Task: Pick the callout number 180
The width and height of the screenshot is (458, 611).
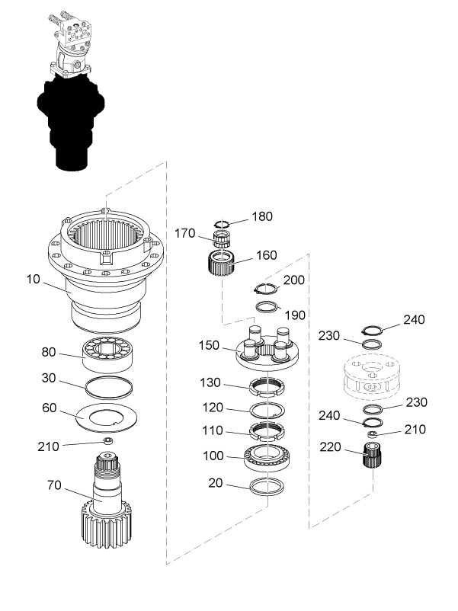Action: [262, 217]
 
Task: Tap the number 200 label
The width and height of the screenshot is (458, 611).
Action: [294, 280]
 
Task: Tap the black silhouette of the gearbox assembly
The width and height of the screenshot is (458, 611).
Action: [69, 122]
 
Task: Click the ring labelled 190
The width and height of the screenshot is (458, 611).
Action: [267, 308]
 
